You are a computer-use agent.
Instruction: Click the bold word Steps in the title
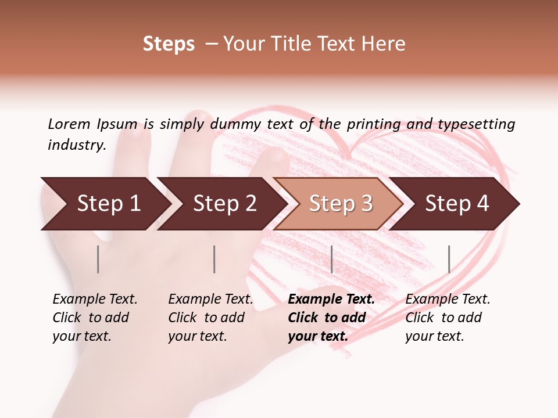(169, 44)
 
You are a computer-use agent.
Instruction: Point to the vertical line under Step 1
(98, 259)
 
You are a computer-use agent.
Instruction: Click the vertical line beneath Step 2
(214, 259)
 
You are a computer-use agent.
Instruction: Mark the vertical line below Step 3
(331, 259)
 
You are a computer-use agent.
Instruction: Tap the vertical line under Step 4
(449, 259)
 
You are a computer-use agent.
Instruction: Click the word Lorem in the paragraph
(69, 124)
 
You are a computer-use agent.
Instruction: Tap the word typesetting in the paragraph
(476, 124)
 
